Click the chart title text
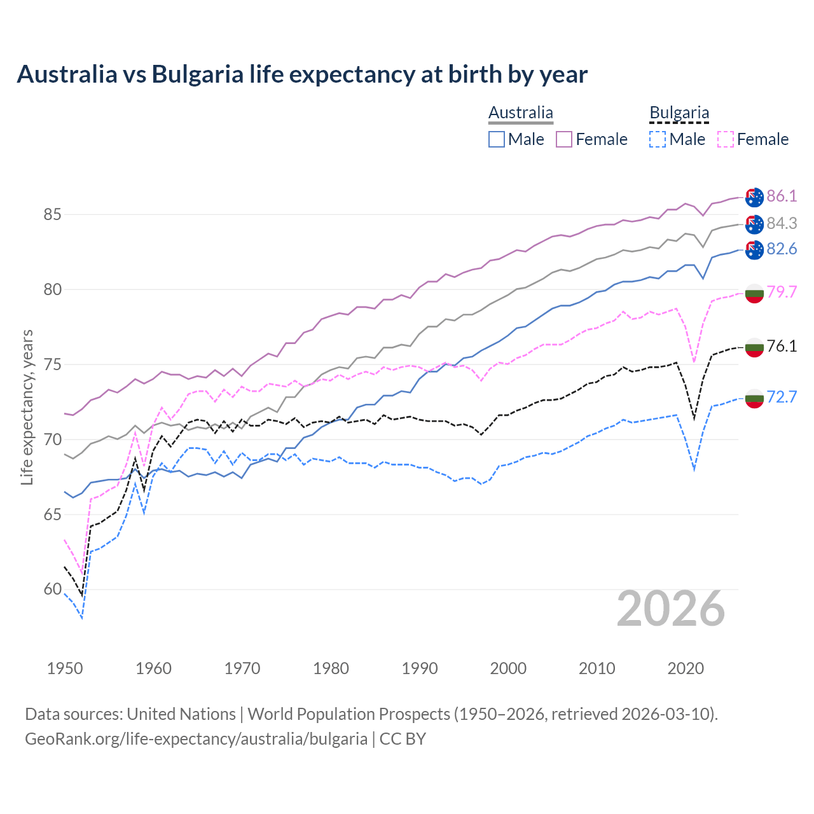pos(302,74)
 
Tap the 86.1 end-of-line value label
pos(782,196)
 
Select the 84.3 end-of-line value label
pos(782,223)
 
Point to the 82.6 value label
pos(782,249)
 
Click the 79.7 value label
pos(782,292)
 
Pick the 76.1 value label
pos(782,346)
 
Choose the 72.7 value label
pos(782,397)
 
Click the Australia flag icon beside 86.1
pos(754,197)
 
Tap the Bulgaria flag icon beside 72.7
pos(754,398)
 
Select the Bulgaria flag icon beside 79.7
pos(754,293)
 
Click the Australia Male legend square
pos(497,139)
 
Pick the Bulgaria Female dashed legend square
pos(726,139)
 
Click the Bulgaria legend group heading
pos(679,113)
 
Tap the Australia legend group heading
pos(521,113)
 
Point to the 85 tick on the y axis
pos(52,214)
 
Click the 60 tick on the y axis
pos(52,590)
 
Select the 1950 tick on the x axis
pos(65,668)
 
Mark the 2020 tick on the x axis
pos(686,668)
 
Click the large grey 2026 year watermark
pos(671,609)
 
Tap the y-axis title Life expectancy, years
pos(27,407)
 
